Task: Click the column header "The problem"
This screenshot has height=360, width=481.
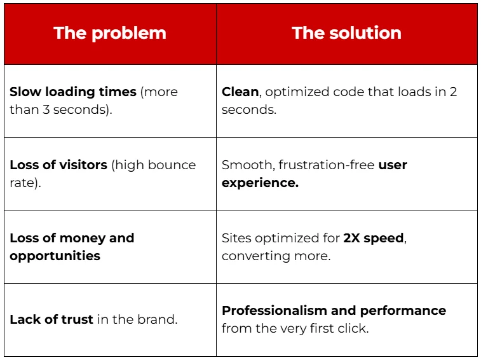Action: tap(110, 34)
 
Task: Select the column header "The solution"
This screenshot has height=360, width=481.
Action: tap(346, 34)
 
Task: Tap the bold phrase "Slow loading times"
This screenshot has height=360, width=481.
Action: tap(73, 92)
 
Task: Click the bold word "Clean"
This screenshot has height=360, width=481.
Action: tap(240, 92)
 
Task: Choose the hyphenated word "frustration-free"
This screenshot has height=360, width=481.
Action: tap(323, 165)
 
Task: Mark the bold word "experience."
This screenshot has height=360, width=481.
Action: tap(260, 183)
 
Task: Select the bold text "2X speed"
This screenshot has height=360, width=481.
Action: tap(374, 238)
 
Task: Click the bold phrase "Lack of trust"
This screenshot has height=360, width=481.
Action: tap(51, 319)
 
